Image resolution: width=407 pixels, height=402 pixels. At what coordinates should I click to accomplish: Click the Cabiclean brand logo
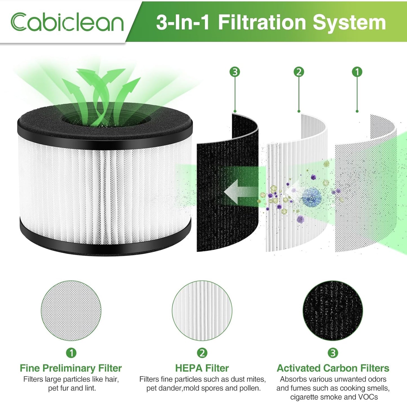tap(67, 22)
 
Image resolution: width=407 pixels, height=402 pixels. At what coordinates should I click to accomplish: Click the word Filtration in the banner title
tap(262, 23)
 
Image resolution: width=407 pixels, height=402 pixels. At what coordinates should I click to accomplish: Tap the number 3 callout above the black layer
tap(235, 72)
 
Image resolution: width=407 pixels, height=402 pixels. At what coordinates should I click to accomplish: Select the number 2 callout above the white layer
tap(299, 72)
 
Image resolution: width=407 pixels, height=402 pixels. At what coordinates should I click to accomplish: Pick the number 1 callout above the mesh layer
tap(357, 72)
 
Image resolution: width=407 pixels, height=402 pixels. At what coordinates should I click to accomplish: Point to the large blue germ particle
tap(312, 198)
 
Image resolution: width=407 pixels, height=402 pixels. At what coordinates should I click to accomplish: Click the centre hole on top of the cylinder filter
tap(104, 120)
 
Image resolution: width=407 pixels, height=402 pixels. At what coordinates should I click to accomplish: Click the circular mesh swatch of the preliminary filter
tap(71, 311)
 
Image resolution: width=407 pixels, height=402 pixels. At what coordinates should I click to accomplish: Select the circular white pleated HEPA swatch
tap(202, 311)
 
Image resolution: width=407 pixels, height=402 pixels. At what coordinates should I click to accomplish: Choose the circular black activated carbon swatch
tap(333, 311)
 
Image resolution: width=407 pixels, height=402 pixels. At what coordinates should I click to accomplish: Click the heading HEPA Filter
tap(202, 368)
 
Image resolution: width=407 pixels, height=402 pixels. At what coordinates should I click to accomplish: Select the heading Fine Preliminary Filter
tap(71, 368)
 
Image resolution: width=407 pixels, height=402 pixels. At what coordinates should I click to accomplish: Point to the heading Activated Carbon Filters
tap(333, 368)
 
